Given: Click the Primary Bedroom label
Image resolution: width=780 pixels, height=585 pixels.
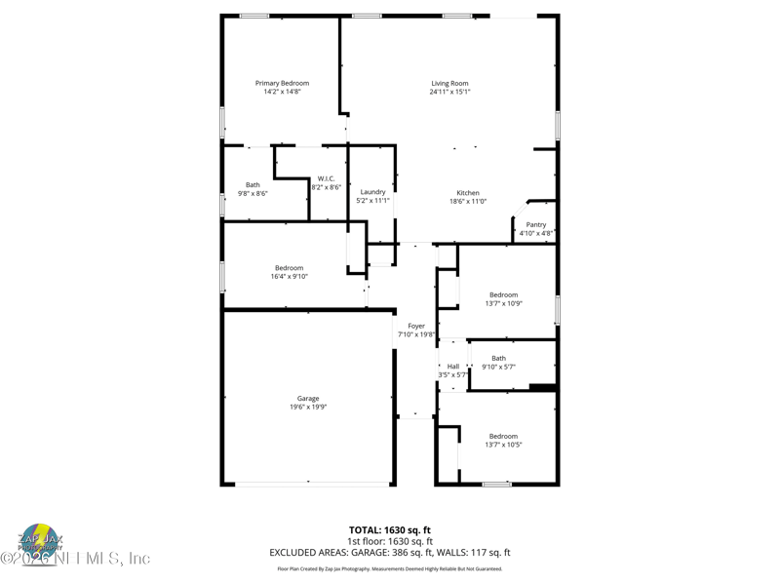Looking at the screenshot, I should (282, 84).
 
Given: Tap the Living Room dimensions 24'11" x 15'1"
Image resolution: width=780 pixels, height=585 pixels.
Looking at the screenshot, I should (450, 93).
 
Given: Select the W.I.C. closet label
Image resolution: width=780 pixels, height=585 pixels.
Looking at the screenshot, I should (326, 178).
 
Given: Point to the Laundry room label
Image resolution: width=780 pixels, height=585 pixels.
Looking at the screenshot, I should (372, 192).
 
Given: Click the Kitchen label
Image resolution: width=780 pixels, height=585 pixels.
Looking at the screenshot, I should (468, 193).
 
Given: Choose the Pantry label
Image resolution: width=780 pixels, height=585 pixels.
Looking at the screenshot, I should (535, 225).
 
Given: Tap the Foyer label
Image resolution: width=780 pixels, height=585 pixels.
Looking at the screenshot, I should (416, 327).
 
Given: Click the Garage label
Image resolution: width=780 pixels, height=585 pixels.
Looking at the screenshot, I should (308, 399).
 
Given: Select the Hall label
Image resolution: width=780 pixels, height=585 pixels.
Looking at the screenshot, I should (453, 367).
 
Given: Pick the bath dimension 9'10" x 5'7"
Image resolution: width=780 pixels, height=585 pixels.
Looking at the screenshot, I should (498, 368).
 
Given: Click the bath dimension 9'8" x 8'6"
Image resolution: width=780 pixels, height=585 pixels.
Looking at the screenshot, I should (253, 194).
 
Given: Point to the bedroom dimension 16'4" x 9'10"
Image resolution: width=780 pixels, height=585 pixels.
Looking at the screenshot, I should (289, 277).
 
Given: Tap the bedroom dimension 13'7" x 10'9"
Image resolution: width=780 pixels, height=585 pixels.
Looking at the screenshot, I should (503, 303).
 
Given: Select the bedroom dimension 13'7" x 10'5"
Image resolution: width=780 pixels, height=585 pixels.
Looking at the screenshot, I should (503, 445).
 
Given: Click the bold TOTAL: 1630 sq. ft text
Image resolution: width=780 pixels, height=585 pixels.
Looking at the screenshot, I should (390, 530).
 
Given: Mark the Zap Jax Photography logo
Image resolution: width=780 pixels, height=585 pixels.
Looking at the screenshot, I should (40, 540).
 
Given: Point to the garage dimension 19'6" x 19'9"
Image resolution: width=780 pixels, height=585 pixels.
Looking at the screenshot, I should (308, 408).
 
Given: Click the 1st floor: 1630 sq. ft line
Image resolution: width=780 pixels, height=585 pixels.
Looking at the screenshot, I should (390, 541).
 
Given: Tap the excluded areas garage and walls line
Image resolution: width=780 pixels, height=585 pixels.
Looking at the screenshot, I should (390, 553).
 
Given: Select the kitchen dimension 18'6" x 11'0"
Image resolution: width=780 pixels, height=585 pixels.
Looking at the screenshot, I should (468, 202).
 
